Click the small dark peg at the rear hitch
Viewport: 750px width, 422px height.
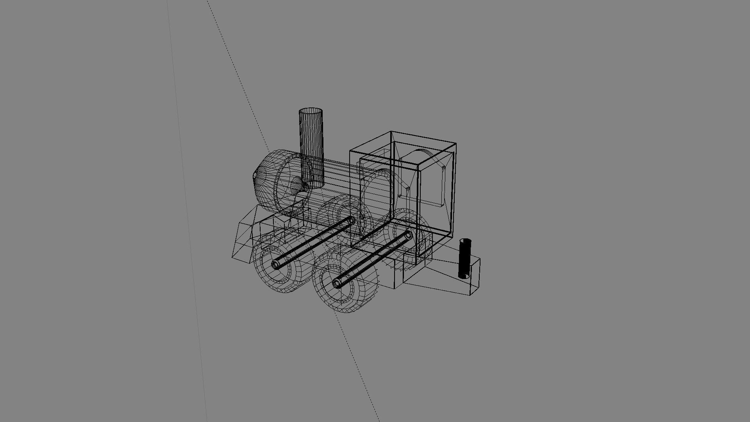[465, 258]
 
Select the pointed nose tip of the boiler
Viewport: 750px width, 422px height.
[255, 177]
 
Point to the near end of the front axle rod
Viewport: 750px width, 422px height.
[276, 265]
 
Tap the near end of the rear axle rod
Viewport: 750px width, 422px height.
[337, 283]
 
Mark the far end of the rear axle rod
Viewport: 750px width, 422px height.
[408, 235]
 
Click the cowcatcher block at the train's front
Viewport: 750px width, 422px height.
[244, 240]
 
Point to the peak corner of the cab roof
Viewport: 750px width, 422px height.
[391, 132]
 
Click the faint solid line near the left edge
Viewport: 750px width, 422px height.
[187, 211]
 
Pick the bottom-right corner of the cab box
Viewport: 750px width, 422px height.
[452, 238]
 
